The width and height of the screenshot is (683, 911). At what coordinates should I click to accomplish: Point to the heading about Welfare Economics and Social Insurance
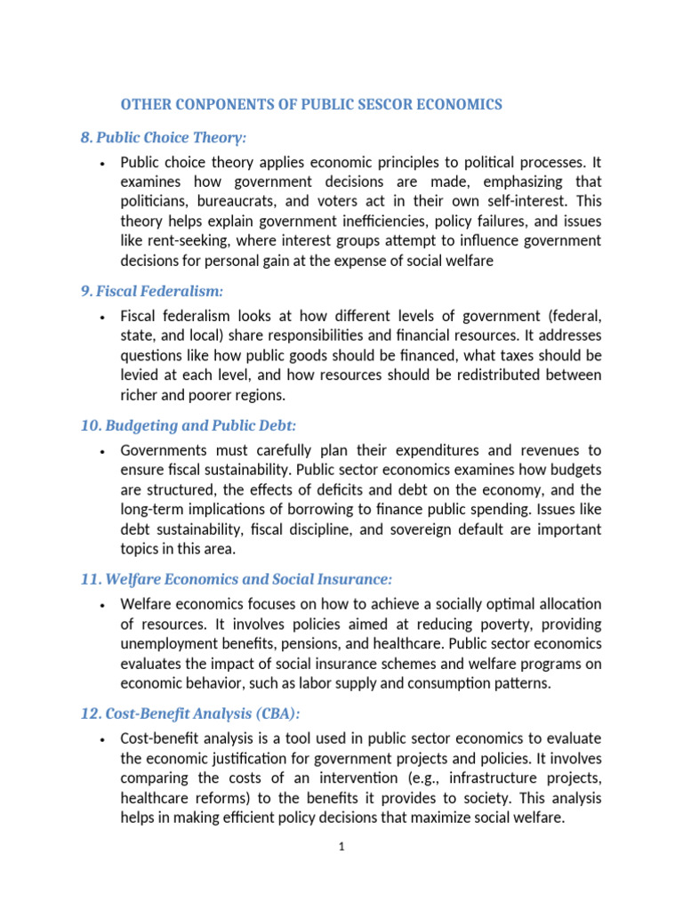[x=236, y=579]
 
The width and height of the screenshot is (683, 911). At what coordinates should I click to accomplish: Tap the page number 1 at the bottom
[x=341, y=847]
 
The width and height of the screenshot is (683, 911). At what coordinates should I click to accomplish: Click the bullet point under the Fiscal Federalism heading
[x=105, y=318]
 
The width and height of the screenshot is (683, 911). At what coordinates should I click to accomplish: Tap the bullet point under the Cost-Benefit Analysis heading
[x=105, y=740]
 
